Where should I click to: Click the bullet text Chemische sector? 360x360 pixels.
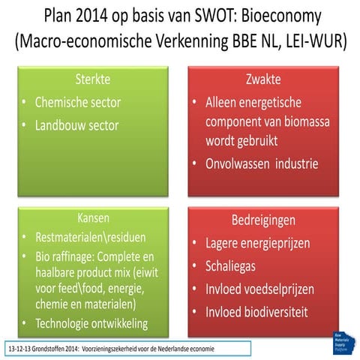pyautogui.click(x=77, y=102)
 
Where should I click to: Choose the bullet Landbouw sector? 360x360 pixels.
pyautogui.click(x=77, y=125)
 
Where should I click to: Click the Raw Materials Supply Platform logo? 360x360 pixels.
pyautogui.click(x=340, y=341)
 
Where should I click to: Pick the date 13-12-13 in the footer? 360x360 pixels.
pyautogui.click(x=21, y=349)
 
